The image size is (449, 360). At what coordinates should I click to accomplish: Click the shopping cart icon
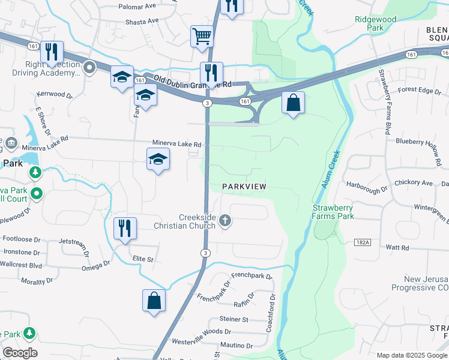pos(202,36)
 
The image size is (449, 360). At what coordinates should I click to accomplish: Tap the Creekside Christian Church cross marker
pos(225,220)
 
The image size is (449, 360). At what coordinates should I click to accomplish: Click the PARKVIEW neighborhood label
pos(244,187)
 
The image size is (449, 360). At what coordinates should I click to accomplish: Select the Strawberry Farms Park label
pos(333,212)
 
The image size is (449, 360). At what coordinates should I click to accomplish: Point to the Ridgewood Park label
pos(376,23)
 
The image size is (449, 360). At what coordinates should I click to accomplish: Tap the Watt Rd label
pos(397,247)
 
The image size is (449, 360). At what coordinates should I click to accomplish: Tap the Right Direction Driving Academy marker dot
pos(89,67)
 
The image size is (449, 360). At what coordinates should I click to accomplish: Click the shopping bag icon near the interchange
pos(293,103)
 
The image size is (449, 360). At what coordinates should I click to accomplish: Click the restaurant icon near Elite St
pos(125,229)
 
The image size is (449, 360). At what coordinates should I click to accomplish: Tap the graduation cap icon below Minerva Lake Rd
pos(158,159)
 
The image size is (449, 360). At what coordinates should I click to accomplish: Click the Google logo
pos(20,353)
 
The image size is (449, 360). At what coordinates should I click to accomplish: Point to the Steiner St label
pos(234,319)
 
